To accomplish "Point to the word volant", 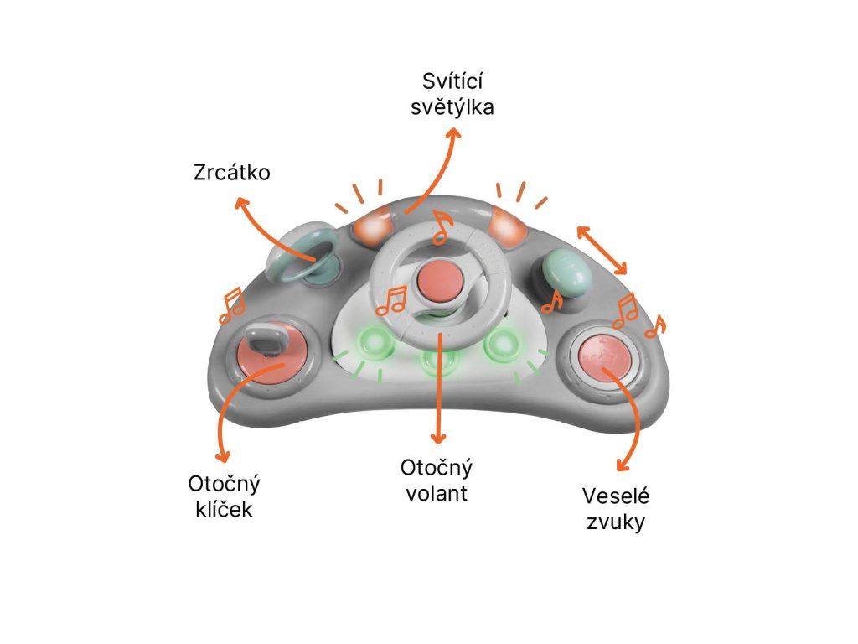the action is click(437, 492).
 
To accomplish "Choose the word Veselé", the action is click(616, 496).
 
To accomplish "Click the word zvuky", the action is click(616, 522).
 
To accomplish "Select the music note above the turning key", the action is click(231, 305).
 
